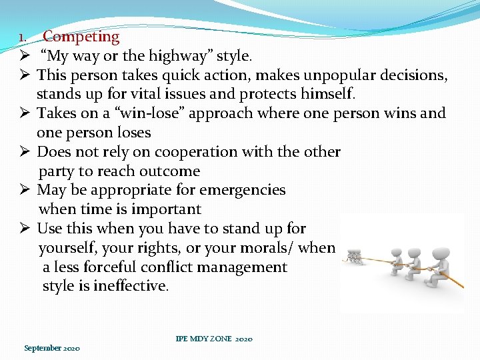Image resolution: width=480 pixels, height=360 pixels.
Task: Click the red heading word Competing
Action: coord(81,37)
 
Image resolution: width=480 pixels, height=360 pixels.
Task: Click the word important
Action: coord(166,209)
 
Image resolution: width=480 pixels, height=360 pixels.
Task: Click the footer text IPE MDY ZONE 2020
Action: coord(214,339)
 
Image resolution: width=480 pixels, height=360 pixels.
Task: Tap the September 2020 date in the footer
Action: coord(52,348)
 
